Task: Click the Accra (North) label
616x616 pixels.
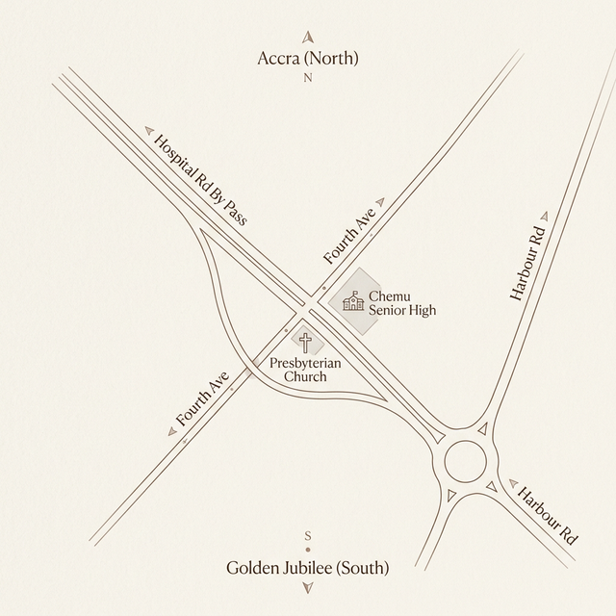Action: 308,59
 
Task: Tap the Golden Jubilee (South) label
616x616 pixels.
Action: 308,569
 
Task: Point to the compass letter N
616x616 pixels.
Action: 308,79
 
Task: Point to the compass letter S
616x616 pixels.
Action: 308,535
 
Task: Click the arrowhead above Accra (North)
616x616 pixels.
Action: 308,37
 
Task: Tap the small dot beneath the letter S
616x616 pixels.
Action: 308,549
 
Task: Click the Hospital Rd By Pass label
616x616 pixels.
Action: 201,180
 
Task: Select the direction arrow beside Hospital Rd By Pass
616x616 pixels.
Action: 148,127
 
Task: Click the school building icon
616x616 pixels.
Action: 354,302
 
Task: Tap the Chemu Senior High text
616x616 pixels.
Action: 402,303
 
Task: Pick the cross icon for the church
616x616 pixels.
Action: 306,342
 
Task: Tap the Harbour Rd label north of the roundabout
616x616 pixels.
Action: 527,265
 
